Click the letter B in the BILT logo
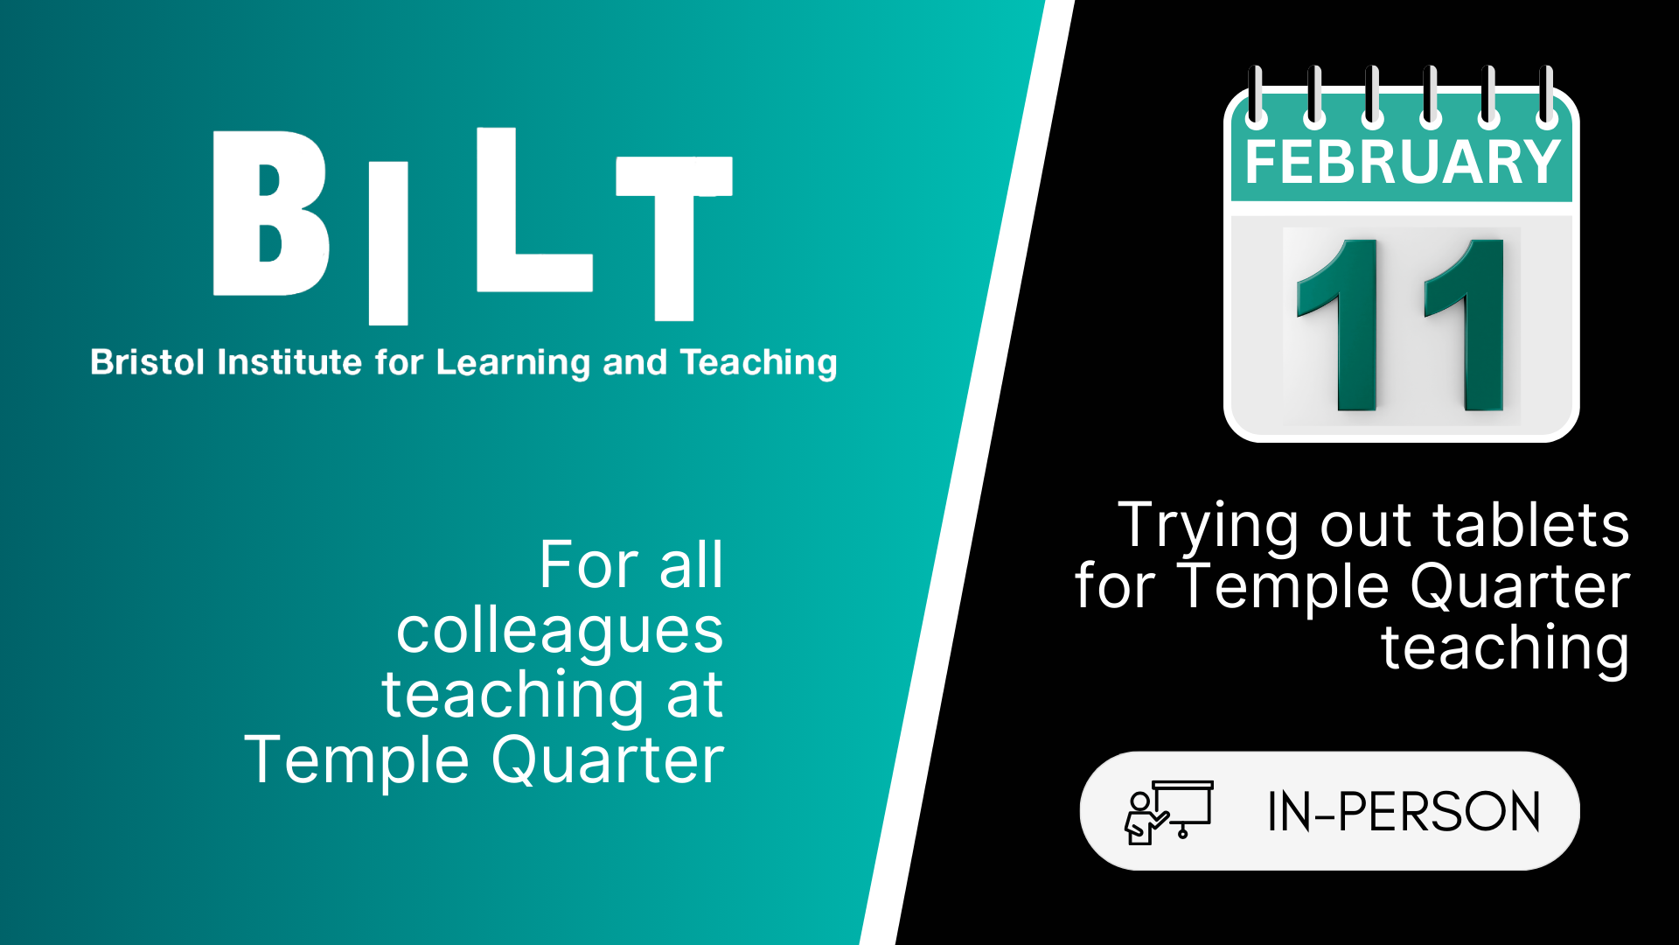(271, 213)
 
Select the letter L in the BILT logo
(534, 209)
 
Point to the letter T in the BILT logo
(674, 238)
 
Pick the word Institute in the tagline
(289, 361)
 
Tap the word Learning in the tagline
(513, 363)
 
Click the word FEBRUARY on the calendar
(1403, 162)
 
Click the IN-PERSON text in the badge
(1404, 811)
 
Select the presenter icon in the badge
(1169, 811)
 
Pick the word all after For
(691, 564)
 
